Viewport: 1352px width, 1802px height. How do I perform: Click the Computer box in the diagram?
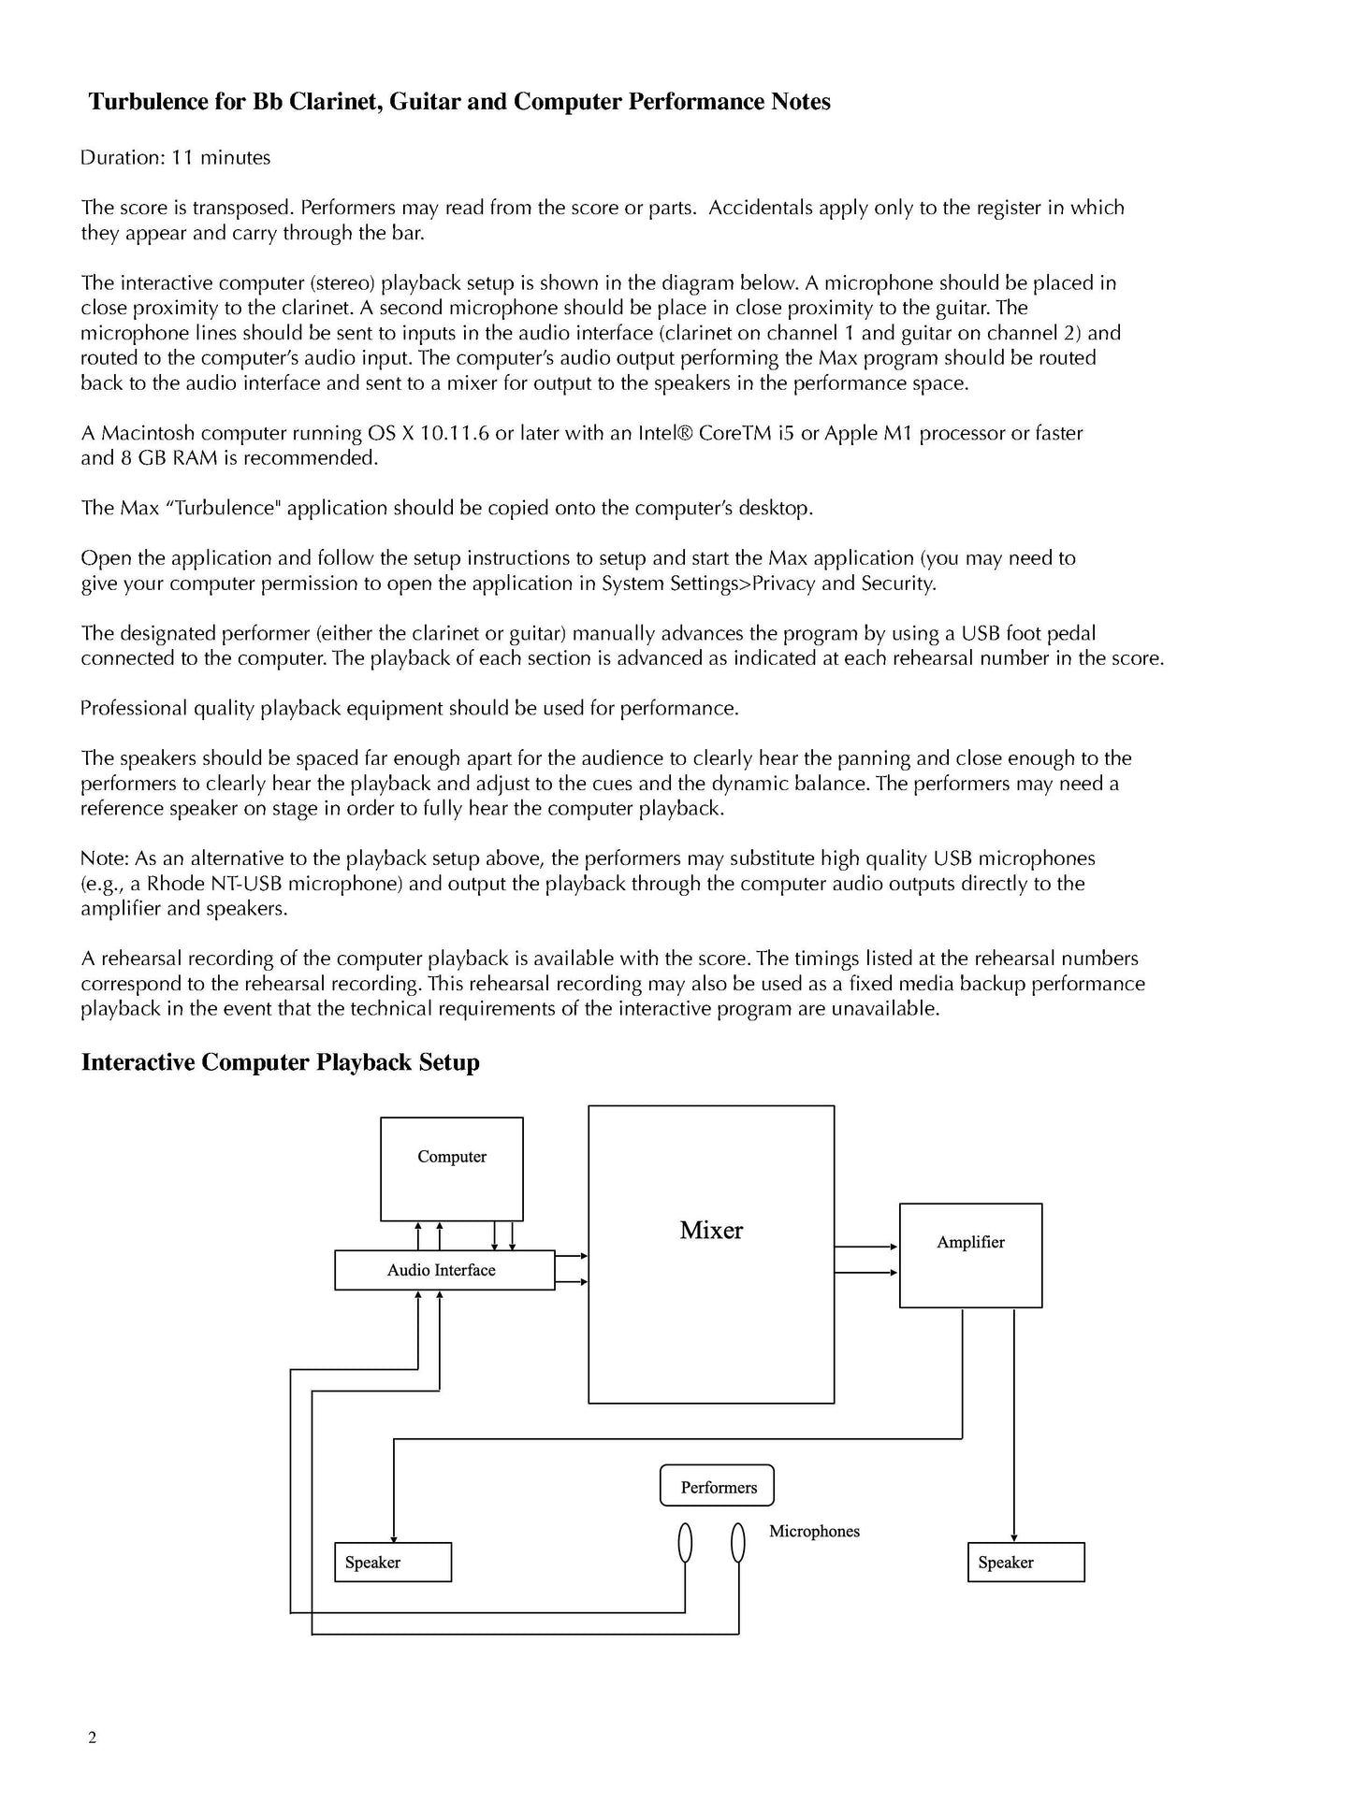tap(451, 1168)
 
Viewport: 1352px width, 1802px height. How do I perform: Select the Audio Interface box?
tap(444, 1270)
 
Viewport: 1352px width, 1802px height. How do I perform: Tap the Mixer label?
tap(711, 1230)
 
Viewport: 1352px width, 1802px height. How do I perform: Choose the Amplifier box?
tap(970, 1255)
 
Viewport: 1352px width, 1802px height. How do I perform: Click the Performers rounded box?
tap(717, 1486)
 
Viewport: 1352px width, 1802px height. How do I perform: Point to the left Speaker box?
tap(393, 1562)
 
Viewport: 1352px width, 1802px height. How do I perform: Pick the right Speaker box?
tap(1025, 1562)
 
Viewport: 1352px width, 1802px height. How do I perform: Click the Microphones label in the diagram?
tap(814, 1531)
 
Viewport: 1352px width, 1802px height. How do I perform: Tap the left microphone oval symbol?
tap(685, 1542)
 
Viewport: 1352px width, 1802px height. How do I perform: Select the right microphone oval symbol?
tap(738, 1542)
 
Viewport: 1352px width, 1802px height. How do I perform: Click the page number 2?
tap(92, 1738)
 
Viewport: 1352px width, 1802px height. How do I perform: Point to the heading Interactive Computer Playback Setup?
tap(281, 1062)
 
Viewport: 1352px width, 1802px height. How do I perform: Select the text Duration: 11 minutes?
tap(176, 158)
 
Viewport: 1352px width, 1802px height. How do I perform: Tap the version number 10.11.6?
tap(447, 433)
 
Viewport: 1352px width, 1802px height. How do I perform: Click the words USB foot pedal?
tap(1028, 633)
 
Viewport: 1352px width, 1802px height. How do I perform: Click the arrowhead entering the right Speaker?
tap(1013, 1538)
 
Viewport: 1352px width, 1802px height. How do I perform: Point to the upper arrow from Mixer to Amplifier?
tap(865, 1247)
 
